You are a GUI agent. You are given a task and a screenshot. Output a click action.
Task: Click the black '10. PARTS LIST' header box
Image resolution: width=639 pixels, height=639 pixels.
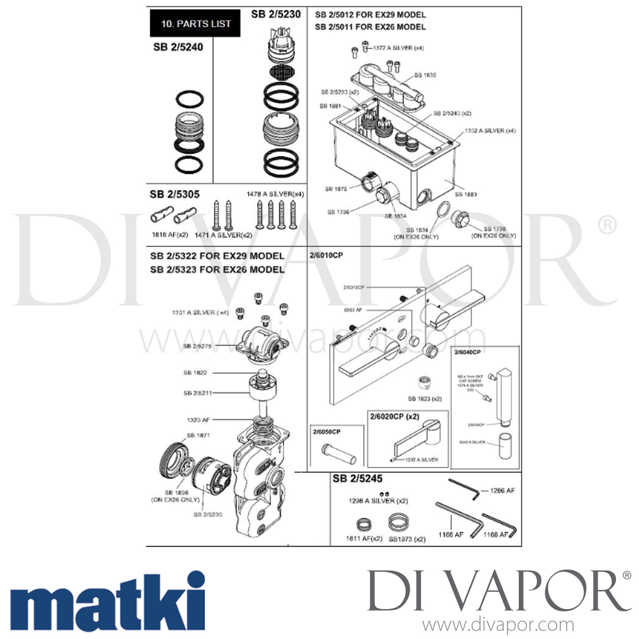(x=195, y=23)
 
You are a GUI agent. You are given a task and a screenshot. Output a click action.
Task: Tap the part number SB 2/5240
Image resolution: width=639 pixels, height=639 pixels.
(x=178, y=47)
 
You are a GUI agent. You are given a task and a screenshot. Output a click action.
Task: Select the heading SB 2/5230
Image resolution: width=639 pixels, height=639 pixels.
(x=276, y=14)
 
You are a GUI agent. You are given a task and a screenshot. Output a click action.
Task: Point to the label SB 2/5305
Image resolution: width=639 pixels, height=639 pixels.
(x=174, y=194)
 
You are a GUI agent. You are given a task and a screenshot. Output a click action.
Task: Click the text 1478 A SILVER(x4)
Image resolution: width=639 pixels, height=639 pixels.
(x=275, y=194)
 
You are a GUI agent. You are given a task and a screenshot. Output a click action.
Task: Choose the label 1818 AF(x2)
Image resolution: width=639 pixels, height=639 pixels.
(x=170, y=235)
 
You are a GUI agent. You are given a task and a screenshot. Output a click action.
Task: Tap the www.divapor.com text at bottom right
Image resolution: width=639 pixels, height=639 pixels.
(x=498, y=625)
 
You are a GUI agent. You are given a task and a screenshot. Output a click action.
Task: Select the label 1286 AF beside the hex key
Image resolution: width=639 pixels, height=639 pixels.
(x=502, y=490)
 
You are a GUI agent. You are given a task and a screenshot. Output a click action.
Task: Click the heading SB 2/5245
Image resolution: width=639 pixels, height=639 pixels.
(x=357, y=478)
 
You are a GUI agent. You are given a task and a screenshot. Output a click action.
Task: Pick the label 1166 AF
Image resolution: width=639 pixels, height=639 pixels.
(x=450, y=534)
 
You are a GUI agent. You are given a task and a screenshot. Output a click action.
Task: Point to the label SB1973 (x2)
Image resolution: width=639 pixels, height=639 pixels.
(x=407, y=539)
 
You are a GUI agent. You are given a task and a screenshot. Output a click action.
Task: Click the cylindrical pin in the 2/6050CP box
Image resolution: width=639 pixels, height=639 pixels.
(x=339, y=454)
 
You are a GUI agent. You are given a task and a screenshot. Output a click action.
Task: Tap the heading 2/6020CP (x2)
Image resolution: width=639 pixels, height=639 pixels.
(x=394, y=416)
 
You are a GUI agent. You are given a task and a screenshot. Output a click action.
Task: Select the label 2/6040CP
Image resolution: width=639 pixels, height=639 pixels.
(x=467, y=352)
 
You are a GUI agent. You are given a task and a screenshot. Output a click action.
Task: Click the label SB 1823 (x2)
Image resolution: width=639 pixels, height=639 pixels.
(x=425, y=399)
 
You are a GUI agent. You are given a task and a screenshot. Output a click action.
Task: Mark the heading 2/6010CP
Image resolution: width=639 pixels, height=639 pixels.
(x=326, y=255)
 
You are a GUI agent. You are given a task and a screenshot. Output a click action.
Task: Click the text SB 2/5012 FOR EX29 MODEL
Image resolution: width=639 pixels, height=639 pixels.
(x=370, y=14)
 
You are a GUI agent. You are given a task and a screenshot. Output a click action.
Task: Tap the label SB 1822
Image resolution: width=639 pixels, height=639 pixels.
(x=195, y=373)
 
